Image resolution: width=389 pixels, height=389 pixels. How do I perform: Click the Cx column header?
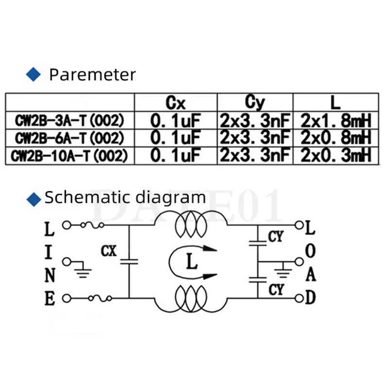pyautogui.click(x=176, y=103)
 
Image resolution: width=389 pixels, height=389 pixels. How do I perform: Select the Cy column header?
pyautogui.click(x=254, y=103)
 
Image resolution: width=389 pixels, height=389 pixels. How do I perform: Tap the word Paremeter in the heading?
pyautogui.click(x=92, y=75)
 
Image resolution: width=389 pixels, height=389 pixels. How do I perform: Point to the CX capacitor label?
pyautogui.click(x=109, y=251)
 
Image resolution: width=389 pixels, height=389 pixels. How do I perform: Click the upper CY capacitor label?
pyautogui.click(x=276, y=237)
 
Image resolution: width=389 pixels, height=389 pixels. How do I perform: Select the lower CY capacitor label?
pyautogui.click(x=276, y=290)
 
